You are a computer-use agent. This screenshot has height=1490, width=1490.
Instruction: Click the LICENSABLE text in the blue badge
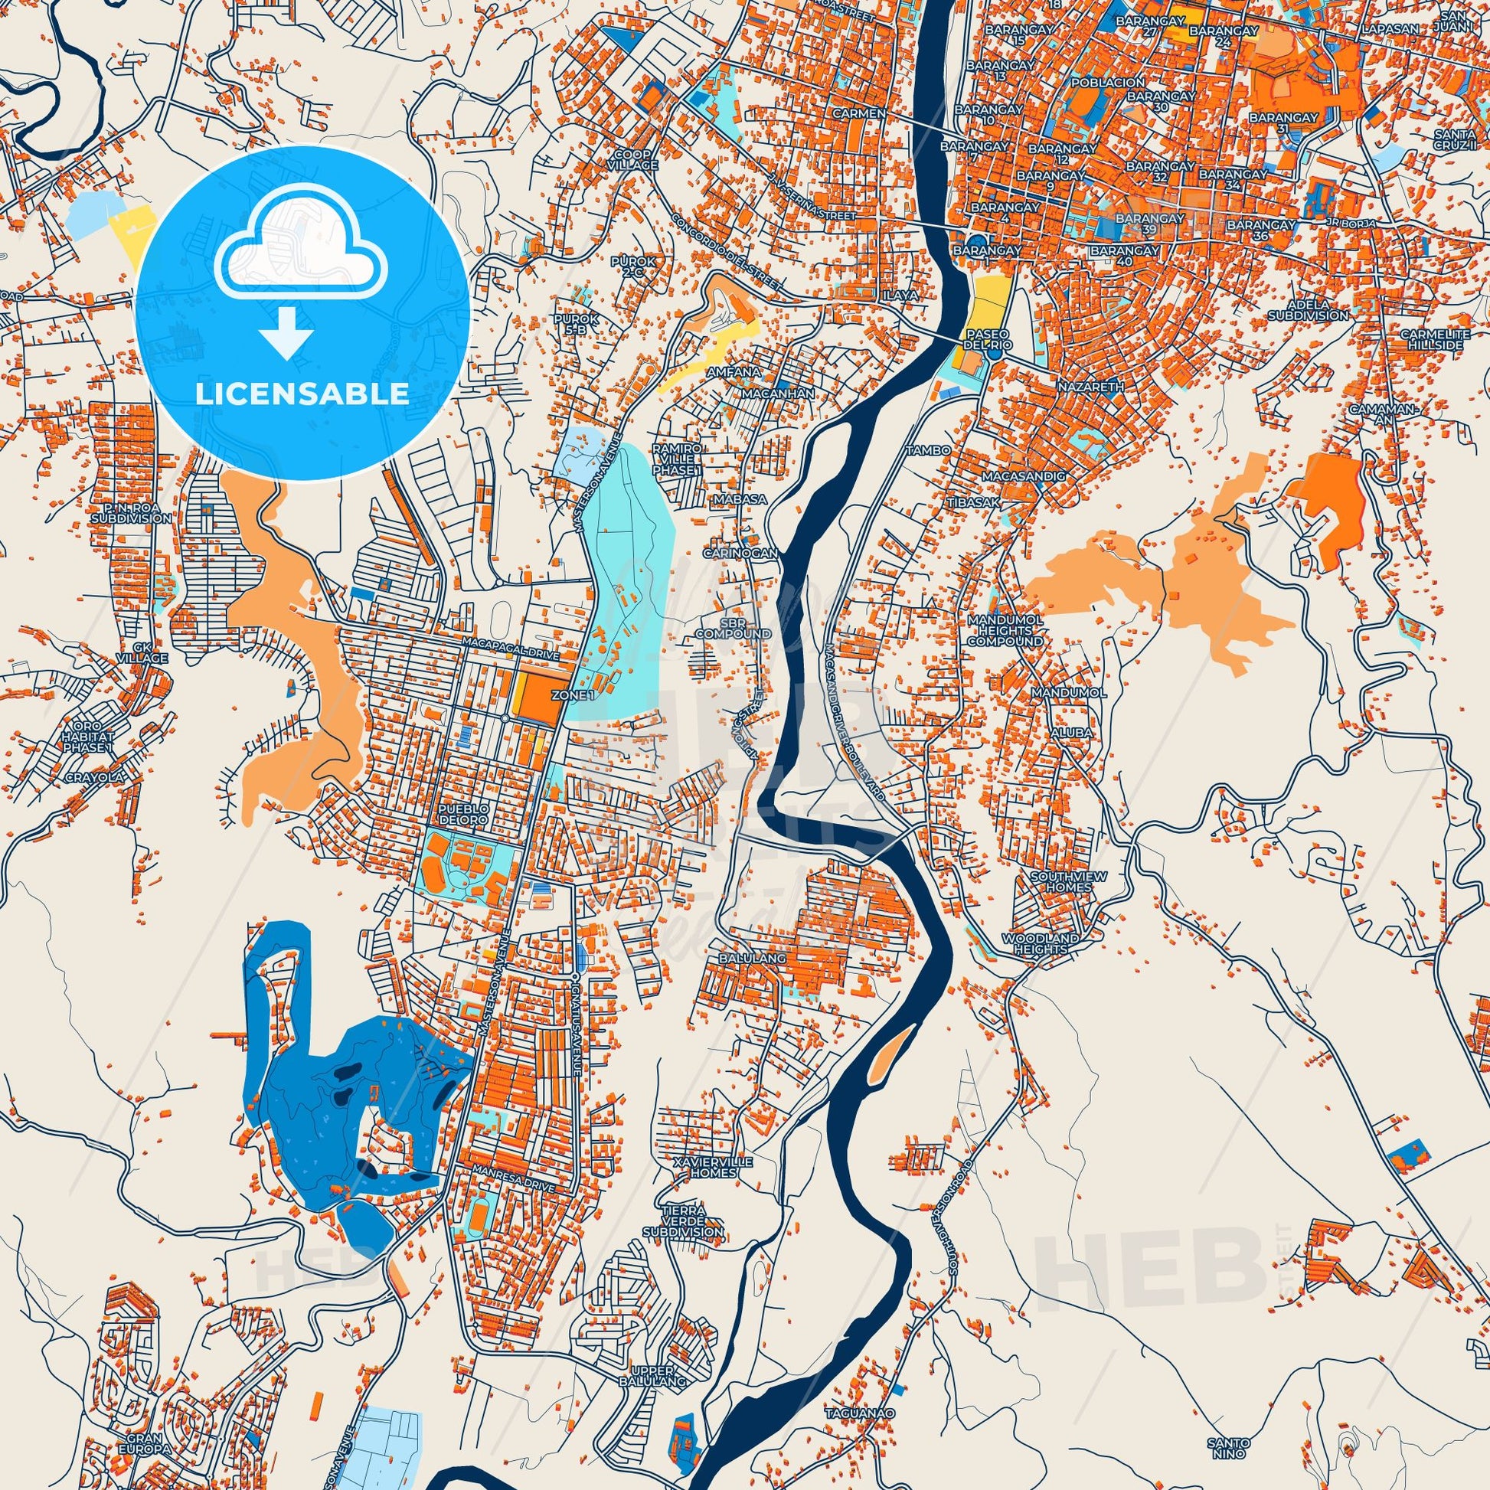click(302, 394)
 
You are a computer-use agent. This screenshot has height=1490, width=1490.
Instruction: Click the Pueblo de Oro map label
click(460, 813)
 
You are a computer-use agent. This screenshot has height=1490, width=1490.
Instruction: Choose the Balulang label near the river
click(760, 958)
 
